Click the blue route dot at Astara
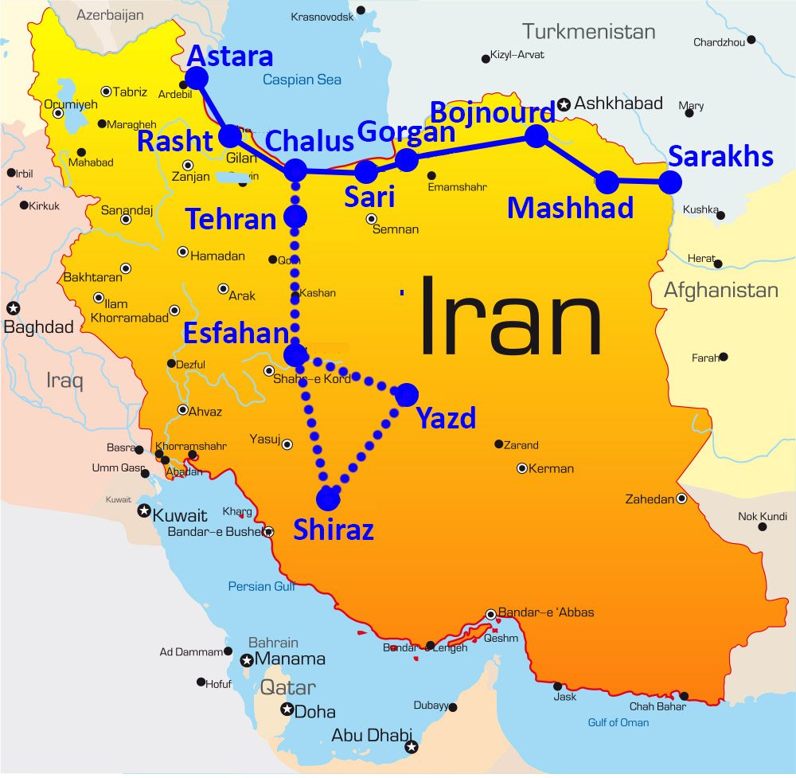(x=196, y=78)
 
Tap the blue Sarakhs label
(x=720, y=156)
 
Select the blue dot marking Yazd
(x=406, y=394)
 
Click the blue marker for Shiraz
(x=327, y=498)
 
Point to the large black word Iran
(x=509, y=316)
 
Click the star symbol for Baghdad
(x=13, y=307)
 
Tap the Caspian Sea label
(x=302, y=80)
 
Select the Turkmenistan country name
(x=588, y=32)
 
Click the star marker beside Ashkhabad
(x=564, y=104)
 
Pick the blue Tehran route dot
(x=295, y=216)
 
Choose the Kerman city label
(x=551, y=468)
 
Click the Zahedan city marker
(x=681, y=498)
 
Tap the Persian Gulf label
(x=262, y=587)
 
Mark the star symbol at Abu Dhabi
(x=411, y=747)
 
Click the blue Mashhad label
(x=570, y=209)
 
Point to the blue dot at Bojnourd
(x=537, y=136)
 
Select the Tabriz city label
(x=130, y=92)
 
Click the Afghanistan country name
(x=720, y=291)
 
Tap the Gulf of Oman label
(x=618, y=722)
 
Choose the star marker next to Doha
(x=287, y=710)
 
